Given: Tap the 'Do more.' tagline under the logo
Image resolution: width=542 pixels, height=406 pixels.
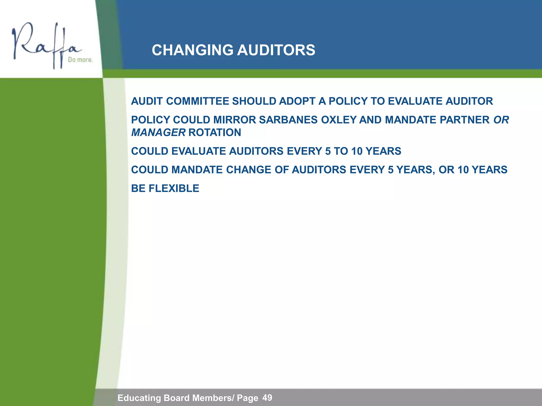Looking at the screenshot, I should [80, 60].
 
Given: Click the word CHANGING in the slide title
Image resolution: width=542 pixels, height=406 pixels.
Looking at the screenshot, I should [192, 50].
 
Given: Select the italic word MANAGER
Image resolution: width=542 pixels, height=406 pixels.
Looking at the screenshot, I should [158, 132].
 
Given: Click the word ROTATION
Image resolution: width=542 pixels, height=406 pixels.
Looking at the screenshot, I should [215, 132].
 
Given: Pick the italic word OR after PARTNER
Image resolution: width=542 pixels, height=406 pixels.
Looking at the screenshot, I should [501, 120].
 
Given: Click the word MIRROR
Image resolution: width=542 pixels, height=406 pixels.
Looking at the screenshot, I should [234, 120].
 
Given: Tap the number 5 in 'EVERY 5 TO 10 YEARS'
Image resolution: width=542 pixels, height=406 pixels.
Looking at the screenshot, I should [328, 151].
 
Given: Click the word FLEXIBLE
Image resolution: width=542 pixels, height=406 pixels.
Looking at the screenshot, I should [174, 188].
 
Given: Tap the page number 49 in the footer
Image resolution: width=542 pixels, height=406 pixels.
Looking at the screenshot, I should [267, 398].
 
